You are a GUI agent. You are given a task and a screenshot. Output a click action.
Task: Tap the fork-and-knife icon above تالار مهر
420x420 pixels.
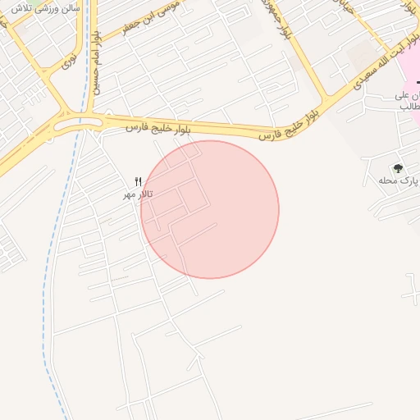pos(138,181)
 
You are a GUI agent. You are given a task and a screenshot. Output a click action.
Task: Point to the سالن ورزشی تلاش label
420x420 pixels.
pos(46,7)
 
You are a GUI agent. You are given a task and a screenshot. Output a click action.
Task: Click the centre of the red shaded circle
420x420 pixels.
pos(210,209)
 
